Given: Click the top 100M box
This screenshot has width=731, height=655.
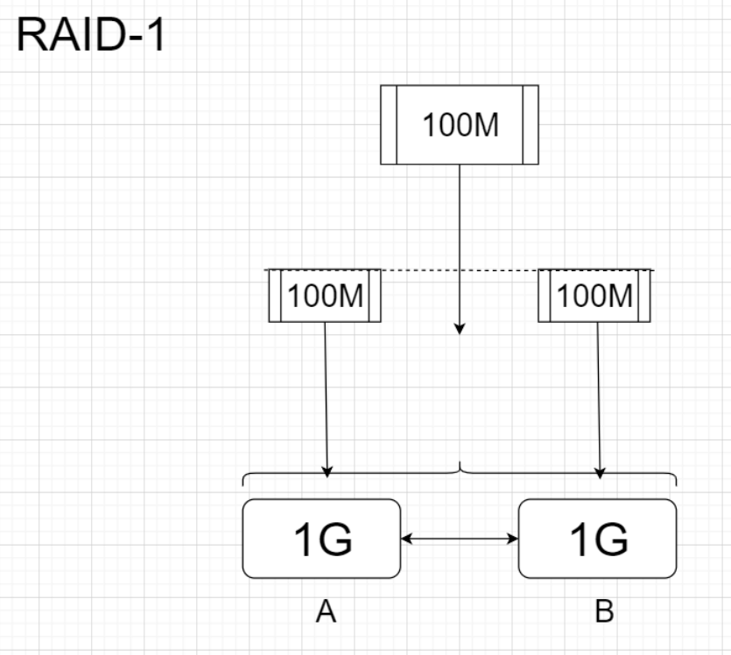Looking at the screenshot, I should point(460,125).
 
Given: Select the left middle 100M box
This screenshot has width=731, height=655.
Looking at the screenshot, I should point(324,296).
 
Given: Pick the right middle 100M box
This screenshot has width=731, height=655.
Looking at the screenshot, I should point(595,296).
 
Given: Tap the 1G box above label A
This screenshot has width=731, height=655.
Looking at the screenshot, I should point(320,539).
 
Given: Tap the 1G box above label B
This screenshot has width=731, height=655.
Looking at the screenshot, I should point(597,539).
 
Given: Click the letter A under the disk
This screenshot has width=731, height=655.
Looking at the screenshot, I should point(326,612).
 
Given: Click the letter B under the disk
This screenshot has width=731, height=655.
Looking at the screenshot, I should point(604,612).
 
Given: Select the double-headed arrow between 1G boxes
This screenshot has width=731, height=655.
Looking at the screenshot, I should point(460,540).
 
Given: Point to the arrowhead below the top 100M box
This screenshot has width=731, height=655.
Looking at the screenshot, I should point(460,329).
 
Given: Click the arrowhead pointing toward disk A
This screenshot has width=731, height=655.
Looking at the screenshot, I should point(327,472).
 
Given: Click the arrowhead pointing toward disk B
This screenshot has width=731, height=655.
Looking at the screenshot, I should point(601,472).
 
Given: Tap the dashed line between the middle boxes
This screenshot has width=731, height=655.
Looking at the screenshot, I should point(460,270).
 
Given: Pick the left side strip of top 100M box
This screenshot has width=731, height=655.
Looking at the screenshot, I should point(389,125).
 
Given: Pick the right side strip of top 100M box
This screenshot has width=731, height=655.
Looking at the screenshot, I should point(531,125).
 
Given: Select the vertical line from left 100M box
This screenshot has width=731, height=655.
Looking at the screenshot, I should point(326,394).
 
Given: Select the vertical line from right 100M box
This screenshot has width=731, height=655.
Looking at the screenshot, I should point(599,394).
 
